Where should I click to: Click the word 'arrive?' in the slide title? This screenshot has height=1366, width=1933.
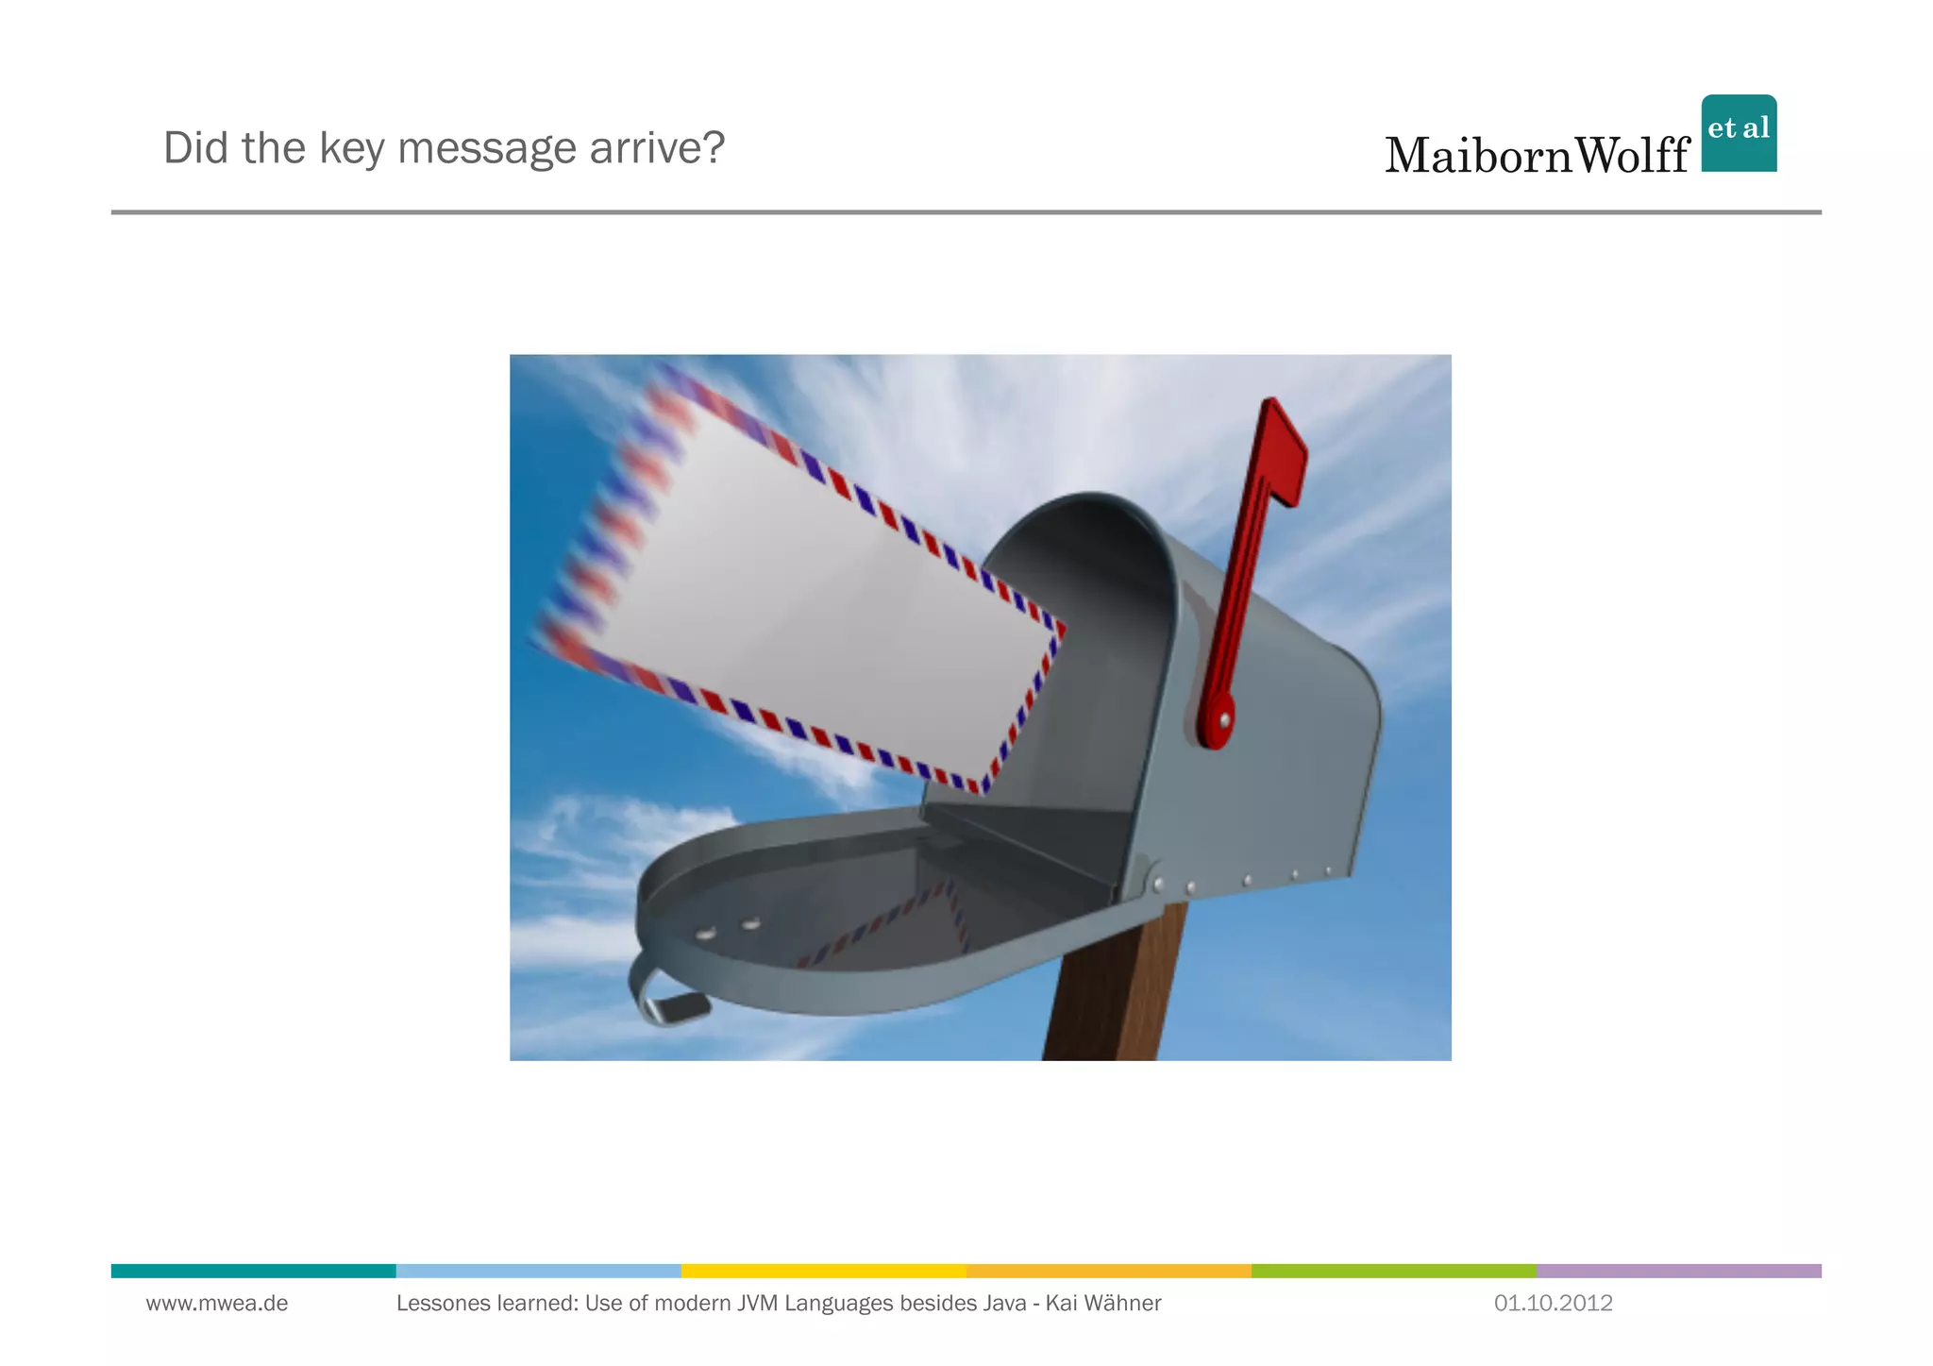coord(657,148)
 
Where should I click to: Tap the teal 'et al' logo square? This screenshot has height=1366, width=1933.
coord(1739,133)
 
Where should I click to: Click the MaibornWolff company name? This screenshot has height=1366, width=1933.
coord(1537,156)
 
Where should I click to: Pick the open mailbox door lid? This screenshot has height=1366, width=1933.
coord(849,925)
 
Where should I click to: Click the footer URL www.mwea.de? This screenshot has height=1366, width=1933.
coord(217,1304)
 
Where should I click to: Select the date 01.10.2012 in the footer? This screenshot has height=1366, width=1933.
coord(1553,1304)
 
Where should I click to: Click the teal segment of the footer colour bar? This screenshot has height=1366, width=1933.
coord(253,1271)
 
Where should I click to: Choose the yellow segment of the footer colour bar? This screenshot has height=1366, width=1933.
coord(823,1271)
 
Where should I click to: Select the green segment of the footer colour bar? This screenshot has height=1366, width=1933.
coord(1393,1271)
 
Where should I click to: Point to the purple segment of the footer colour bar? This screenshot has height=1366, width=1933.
coord(1678,1271)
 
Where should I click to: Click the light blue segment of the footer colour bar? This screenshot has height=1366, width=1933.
coord(538,1271)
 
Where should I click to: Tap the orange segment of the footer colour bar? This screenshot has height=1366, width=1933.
coord(1108,1271)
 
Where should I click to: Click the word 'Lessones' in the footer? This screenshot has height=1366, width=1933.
coord(439,1304)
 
